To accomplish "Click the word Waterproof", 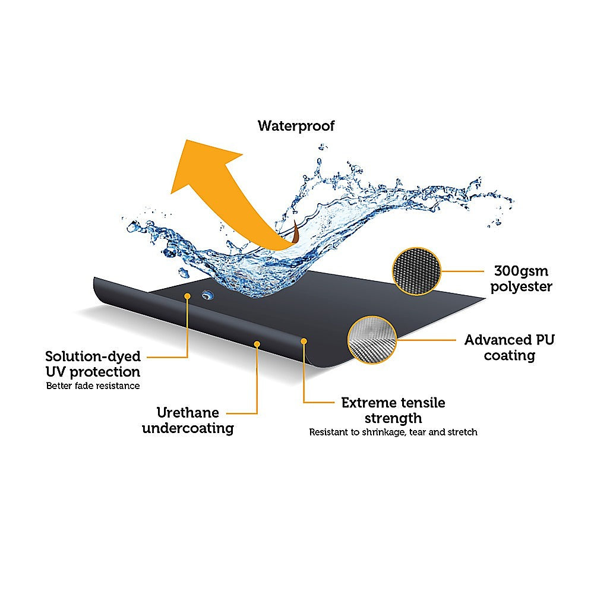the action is pyautogui.click(x=296, y=126).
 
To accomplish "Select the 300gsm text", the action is pyautogui.click(x=522, y=271).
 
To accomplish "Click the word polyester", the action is pyautogui.click(x=522, y=287).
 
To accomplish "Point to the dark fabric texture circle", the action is pyautogui.click(x=416, y=271).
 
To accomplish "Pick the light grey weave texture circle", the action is pyautogui.click(x=372, y=340).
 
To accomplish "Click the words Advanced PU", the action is pyautogui.click(x=510, y=340).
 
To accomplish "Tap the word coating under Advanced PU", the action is pyautogui.click(x=510, y=356).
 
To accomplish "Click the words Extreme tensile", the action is pyautogui.click(x=393, y=403).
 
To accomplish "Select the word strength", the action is pyautogui.click(x=393, y=418).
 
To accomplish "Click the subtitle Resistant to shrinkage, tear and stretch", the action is pyautogui.click(x=393, y=432).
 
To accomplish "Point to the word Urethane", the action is pyautogui.click(x=188, y=413).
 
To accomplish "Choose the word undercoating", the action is pyautogui.click(x=188, y=428).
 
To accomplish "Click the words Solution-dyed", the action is pyautogui.click(x=93, y=356).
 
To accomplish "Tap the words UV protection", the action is pyautogui.click(x=93, y=372).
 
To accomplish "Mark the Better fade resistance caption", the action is pyautogui.click(x=93, y=386).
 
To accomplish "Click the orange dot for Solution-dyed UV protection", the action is pyautogui.click(x=187, y=296).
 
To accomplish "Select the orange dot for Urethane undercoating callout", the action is pyautogui.click(x=257, y=344).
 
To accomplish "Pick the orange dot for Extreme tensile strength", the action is pyautogui.click(x=304, y=342).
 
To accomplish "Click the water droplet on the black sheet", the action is pyautogui.click(x=207, y=295).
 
